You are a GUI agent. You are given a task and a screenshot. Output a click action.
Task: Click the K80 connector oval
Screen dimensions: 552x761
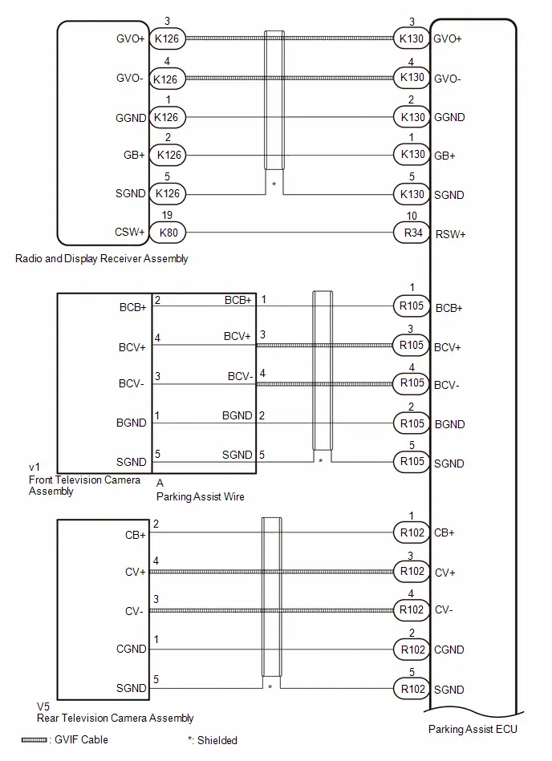168,233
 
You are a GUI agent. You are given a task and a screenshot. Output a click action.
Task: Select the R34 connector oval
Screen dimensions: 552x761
412,233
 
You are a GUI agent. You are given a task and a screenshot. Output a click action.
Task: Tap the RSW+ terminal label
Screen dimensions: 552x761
450,234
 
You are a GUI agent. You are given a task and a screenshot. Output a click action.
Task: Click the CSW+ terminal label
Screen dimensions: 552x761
130,232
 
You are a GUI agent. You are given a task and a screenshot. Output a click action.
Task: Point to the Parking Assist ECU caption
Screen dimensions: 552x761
473,729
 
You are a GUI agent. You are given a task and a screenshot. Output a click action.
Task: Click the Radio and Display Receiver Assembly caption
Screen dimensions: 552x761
101,259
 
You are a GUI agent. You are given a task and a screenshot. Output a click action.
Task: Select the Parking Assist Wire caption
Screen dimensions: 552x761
200,496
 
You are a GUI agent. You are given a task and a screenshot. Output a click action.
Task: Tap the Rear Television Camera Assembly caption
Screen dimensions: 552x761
115,718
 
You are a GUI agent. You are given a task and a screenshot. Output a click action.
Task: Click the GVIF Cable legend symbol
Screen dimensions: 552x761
34,740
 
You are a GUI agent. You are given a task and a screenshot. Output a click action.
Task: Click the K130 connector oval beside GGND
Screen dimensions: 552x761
412,117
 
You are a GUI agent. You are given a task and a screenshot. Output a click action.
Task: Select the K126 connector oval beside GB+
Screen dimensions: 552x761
168,156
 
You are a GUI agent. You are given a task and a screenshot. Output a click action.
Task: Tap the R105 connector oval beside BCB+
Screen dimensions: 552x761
412,306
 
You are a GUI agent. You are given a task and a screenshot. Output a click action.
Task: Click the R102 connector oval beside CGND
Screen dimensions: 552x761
412,650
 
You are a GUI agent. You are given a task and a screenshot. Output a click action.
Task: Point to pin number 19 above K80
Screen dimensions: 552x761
167,215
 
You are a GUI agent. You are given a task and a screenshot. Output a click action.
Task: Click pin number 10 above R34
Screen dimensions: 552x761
412,216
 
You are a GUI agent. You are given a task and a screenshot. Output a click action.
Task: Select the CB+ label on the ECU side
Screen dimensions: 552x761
444,533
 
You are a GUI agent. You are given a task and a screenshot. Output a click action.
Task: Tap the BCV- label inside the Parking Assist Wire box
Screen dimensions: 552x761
241,377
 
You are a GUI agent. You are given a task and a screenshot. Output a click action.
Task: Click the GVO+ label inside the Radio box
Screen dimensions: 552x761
131,38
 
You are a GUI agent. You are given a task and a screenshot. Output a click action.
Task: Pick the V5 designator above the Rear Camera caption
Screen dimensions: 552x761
43,706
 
